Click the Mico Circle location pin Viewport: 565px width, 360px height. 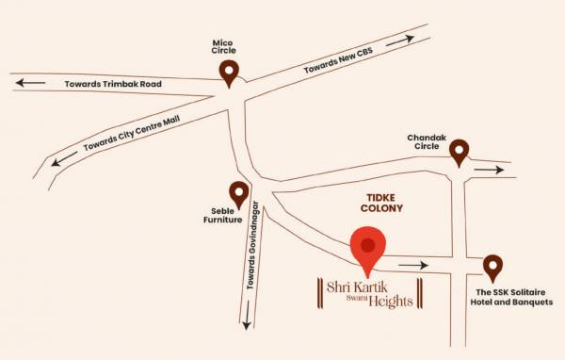229,72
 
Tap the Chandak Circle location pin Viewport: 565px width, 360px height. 459,152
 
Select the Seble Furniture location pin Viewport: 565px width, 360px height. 239,194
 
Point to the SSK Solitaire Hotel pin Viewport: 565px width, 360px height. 492,268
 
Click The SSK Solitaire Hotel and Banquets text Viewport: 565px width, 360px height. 514,296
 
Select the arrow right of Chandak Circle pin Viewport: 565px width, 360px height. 489,171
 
